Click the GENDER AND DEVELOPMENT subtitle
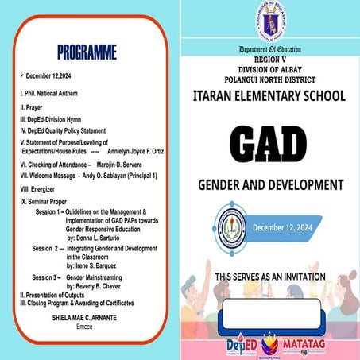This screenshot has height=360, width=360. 269,186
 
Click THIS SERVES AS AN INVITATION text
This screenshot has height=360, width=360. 269,277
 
